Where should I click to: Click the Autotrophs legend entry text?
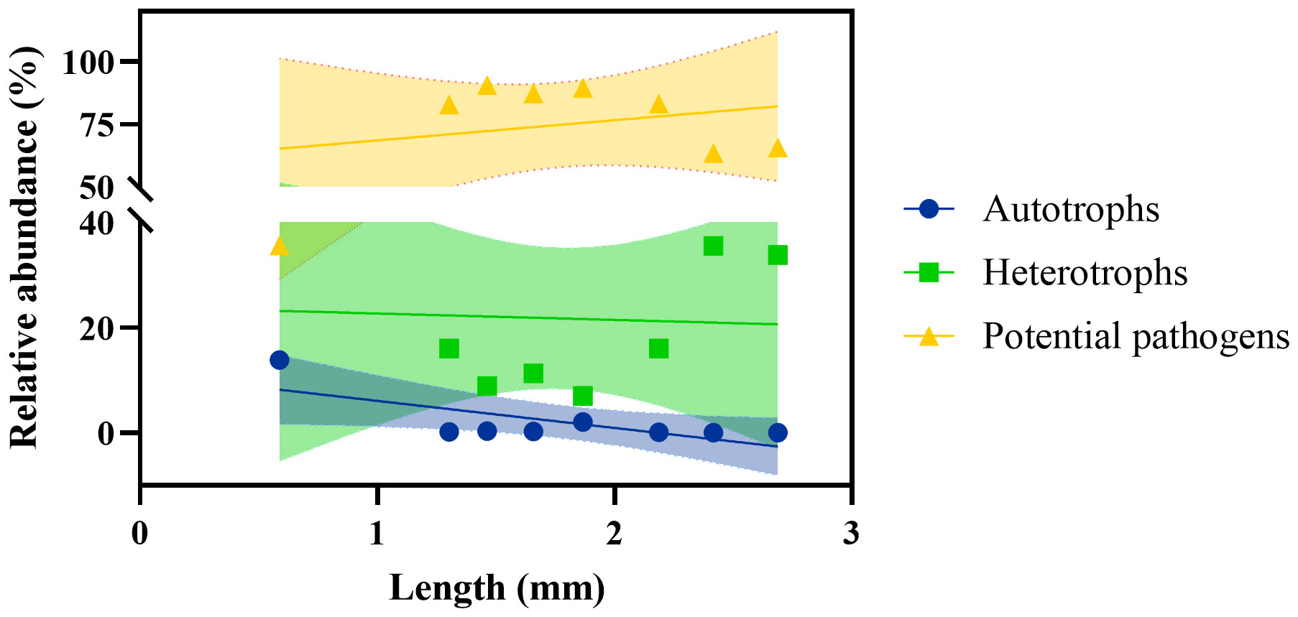(x=1071, y=210)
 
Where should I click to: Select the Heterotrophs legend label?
(x=1085, y=273)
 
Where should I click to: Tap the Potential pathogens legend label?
(x=1136, y=336)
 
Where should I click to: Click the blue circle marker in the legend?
(x=929, y=210)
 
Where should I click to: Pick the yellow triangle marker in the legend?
(x=929, y=336)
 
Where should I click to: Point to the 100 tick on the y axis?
(x=88, y=63)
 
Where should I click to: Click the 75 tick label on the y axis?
(x=98, y=126)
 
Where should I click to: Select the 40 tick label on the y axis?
(x=97, y=224)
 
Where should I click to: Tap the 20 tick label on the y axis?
(x=97, y=329)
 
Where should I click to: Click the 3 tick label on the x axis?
(x=851, y=533)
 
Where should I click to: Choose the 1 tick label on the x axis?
(x=377, y=533)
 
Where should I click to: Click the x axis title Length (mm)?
(x=497, y=588)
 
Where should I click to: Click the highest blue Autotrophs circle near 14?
(x=280, y=360)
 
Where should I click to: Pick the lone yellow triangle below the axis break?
(x=280, y=246)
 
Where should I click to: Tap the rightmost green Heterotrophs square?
(x=778, y=255)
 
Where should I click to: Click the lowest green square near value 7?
(x=583, y=396)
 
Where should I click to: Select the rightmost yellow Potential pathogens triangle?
(x=778, y=148)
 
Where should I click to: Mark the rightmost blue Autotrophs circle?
(x=778, y=432)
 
